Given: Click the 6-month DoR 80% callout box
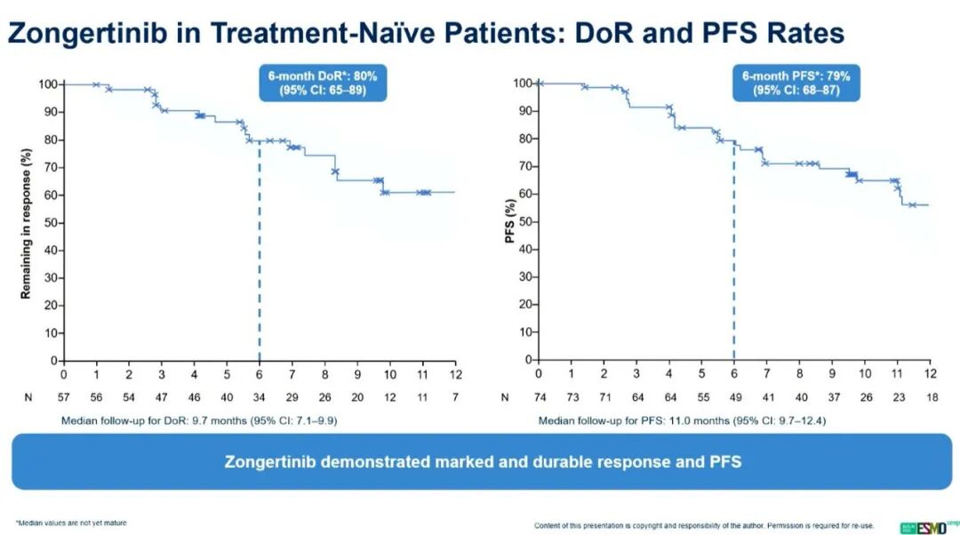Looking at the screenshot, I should pyautogui.click(x=323, y=83).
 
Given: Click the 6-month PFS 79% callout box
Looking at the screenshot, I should pyautogui.click(x=796, y=83).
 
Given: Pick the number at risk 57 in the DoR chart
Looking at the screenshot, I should pyautogui.click(x=63, y=397).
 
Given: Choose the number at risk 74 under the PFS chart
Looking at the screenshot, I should pyautogui.click(x=538, y=397).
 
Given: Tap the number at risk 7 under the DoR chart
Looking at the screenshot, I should pyautogui.click(x=455, y=397).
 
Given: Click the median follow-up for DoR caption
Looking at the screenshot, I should pyautogui.click(x=199, y=419).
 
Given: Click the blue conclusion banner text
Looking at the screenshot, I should pyautogui.click(x=482, y=462).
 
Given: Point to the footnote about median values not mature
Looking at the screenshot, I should pyautogui.click(x=71, y=523).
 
